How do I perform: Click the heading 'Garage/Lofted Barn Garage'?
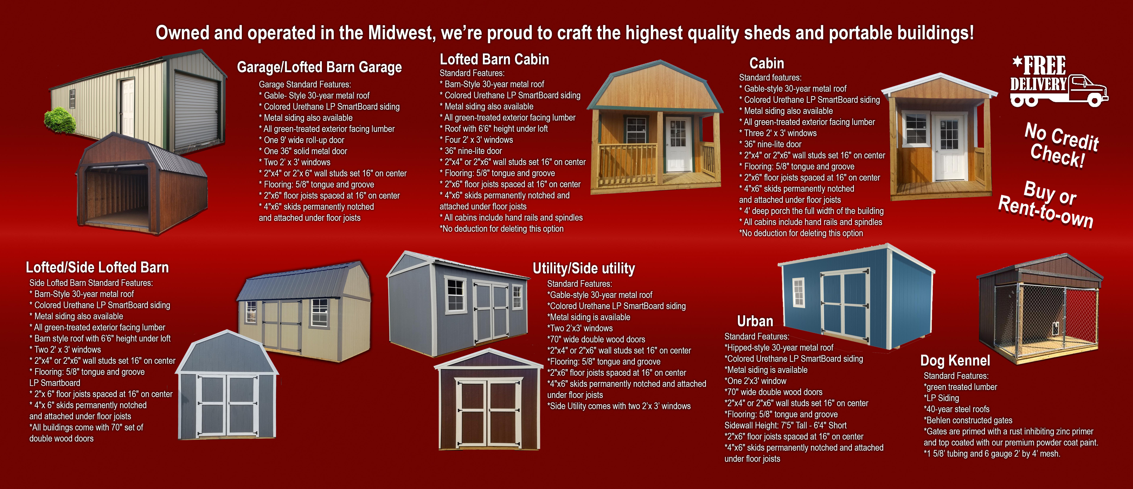click(x=319, y=67)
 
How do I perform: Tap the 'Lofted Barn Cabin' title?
click(x=494, y=59)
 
